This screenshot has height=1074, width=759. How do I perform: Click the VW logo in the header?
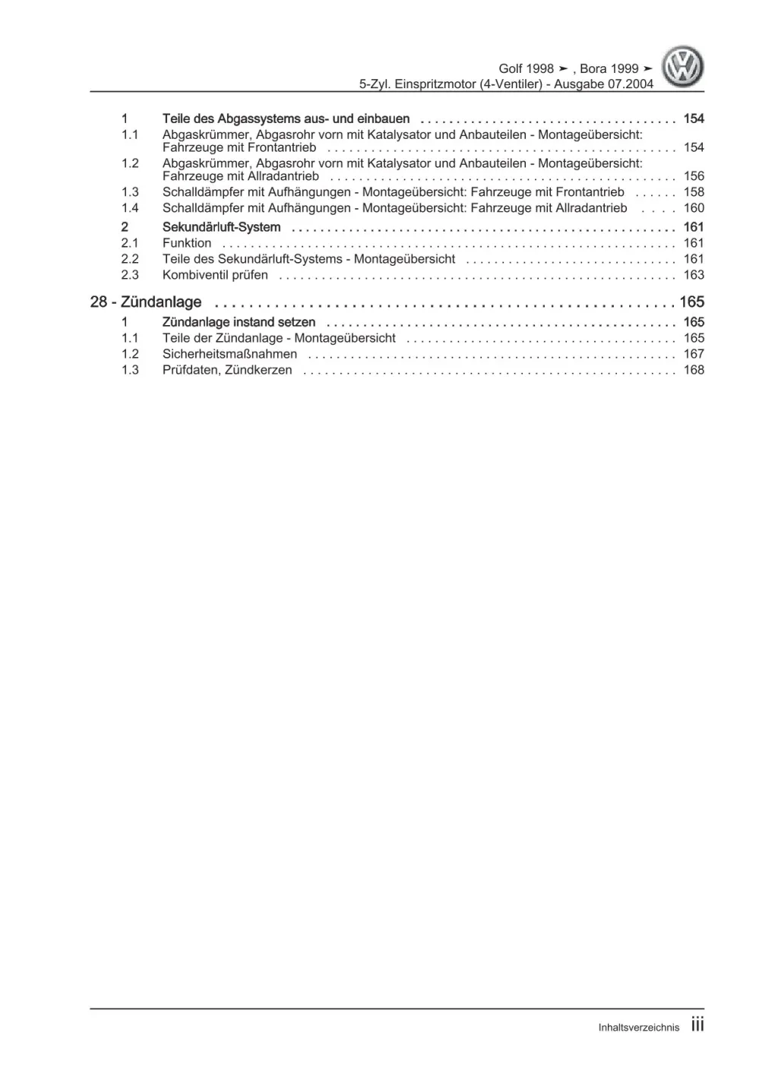pyautogui.click(x=682, y=68)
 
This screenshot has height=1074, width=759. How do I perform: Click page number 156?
pyautogui.click(x=694, y=176)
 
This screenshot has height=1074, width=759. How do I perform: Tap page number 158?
pyautogui.click(x=694, y=192)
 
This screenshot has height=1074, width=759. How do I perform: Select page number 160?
pyautogui.click(x=694, y=208)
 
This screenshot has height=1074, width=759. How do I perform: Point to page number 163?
pyautogui.click(x=694, y=275)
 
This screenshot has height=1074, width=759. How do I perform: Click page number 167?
pyautogui.click(x=694, y=354)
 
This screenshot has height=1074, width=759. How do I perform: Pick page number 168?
pyautogui.click(x=694, y=370)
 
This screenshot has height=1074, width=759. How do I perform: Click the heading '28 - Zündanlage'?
pyautogui.click(x=146, y=302)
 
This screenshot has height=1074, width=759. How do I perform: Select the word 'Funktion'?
pyautogui.click(x=187, y=243)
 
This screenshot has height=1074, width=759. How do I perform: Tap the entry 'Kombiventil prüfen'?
pyautogui.click(x=215, y=275)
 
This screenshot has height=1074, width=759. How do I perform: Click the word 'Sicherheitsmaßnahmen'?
pyautogui.click(x=229, y=354)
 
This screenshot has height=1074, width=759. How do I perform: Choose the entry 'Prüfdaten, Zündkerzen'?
pyautogui.click(x=227, y=370)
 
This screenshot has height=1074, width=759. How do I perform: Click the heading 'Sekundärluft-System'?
pyautogui.click(x=221, y=227)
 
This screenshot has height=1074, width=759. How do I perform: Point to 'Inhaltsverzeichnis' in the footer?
pyautogui.click(x=638, y=1028)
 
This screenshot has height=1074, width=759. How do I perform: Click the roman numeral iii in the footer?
pyautogui.click(x=697, y=1025)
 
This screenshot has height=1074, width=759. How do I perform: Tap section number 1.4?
pyautogui.click(x=130, y=208)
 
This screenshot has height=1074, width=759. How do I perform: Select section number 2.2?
pyautogui.click(x=130, y=259)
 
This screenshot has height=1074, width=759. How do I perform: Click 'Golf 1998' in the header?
pyautogui.click(x=526, y=68)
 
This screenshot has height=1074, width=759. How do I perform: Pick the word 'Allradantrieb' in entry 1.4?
pyautogui.click(x=590, y=208)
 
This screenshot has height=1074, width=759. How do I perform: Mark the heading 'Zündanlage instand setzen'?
pyautogui.click(x=239, y=322)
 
